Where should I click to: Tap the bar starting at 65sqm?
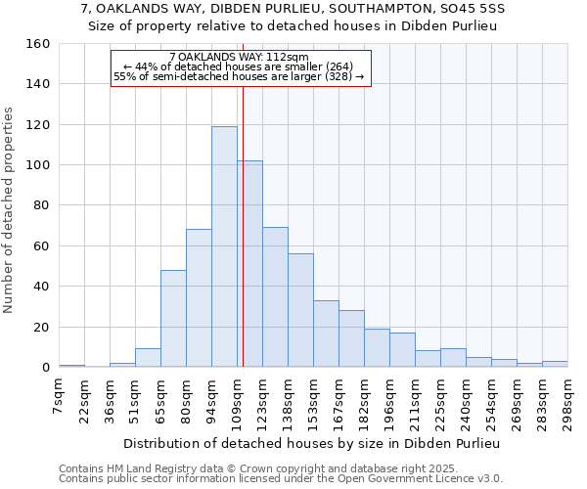173,319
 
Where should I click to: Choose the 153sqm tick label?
315,400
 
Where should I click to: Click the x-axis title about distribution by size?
313,444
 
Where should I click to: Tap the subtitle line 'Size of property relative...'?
293,26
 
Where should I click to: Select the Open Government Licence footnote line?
281,478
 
